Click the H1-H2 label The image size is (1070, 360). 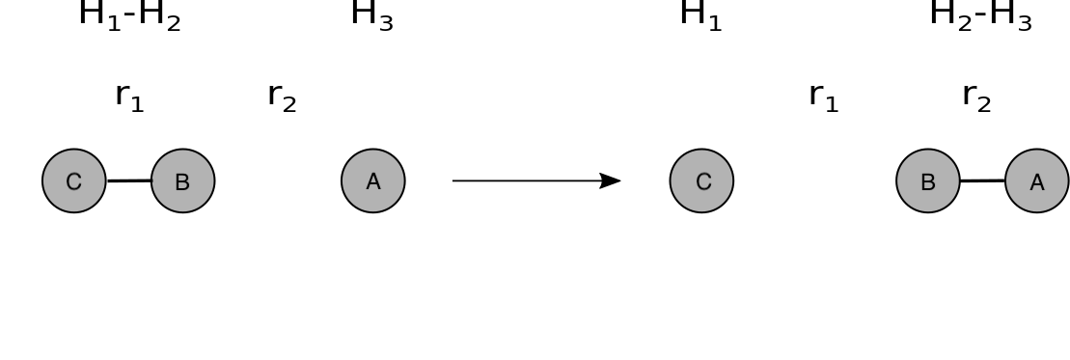[x=129, y=15]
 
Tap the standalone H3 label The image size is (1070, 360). [x=371, y=15]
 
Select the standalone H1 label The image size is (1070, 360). [x=700, y=15]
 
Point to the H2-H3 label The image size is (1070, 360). [x=980, y=15]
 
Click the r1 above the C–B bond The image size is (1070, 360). [x=129, y=97]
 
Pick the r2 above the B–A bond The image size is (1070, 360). [x=976, y=97]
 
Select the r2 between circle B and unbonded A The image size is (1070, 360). [x=282, y=97]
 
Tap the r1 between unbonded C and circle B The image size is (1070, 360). [x=823, y=97]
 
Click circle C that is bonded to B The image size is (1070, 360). [x=73, y=181]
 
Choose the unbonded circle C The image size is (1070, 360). [x=701, y=181]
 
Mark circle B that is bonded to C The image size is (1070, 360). [x=183, y=181]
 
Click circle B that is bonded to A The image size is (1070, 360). [x=928, y=181]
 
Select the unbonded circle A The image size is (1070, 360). [x=373, y=181]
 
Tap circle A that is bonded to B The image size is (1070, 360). [x=1037, y=181]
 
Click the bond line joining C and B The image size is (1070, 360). [x=129, y=181]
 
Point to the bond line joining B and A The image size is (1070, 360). [x=982, y=181]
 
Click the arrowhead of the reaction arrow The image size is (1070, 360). [x=610, y=181]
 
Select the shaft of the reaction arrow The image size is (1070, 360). [x=527, y=181]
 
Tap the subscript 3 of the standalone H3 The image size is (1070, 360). [x=386, y=24]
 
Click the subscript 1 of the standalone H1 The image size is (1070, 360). [x=715, y=24]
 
